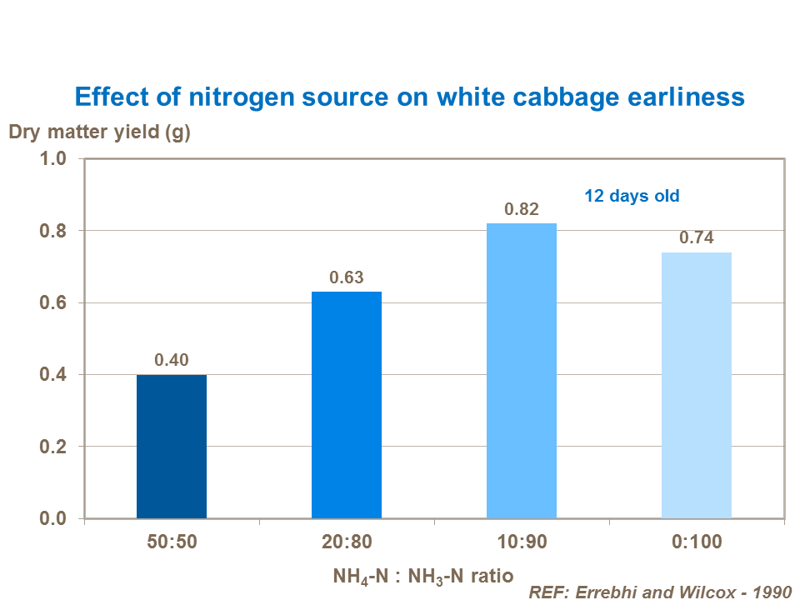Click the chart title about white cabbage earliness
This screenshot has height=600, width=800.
click(x=409, y=97)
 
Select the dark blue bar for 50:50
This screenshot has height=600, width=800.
click(x=172, y=447)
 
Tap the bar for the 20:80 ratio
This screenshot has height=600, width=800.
click(x=347, y=405)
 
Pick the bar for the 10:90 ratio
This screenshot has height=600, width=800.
click(x=522, y=371)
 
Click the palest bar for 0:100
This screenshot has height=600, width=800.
click(x=697, y=385)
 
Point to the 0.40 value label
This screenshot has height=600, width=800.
click(x=172, y=360)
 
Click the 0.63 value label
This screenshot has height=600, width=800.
click(x=347, y=277)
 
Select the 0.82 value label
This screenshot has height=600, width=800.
click(x=522, y=209)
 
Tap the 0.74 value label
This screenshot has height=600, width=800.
click(x=697, y=237)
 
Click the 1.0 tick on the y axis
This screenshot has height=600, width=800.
click(x=54, y=158)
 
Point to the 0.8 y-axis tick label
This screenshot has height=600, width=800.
click(x=54, y=231)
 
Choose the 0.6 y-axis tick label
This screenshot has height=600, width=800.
click(x=54, y=302)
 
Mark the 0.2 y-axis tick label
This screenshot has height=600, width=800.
click(x=54, y=447)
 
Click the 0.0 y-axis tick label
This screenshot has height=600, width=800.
click(x=54, y=519)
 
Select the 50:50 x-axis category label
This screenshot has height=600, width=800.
click(x=172, y=542)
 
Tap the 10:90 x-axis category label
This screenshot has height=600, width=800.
click(x=522, y=542)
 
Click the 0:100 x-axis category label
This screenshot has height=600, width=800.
click(x=697, y=542)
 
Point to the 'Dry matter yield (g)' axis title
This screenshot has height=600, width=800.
click(x=100, y=132)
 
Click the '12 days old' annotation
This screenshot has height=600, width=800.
click(x=632, y=197)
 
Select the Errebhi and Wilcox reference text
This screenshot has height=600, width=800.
click(x=659, y=591)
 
